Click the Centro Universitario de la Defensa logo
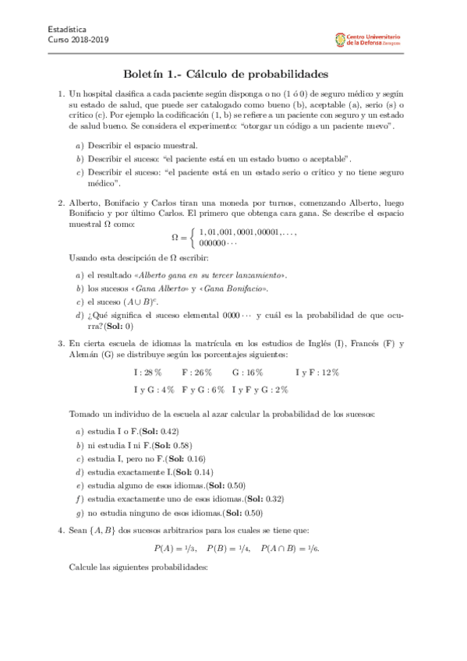366,38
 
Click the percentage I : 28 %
148,373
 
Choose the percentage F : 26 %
196,373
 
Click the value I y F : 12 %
317,373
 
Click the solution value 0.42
170,430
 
